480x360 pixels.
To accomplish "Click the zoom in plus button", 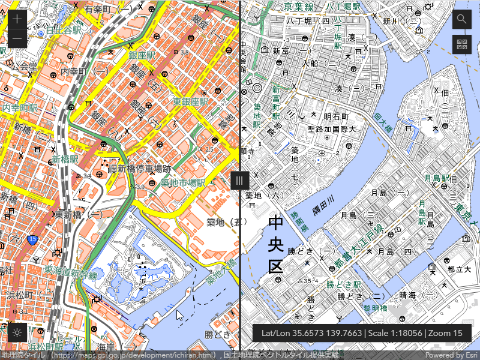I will click(x=17, y=19).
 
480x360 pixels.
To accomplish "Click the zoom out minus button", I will click(x=17, y=38).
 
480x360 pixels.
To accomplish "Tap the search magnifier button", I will click(x=461, y=19).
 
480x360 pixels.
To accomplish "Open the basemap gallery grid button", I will click(x=461, y=44).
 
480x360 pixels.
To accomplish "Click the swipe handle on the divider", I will click(x=239, y=181).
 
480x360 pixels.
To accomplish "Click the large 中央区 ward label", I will click(x=275, y=245).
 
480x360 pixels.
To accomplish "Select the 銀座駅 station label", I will click(x=142, y=55).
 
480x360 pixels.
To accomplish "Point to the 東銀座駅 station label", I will click(x=191, y=102).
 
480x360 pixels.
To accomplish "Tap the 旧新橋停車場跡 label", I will click(x=140, y=169).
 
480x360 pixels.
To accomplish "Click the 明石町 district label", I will click(x=336, y=116).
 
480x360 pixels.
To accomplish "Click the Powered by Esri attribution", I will click(x=452, y=355).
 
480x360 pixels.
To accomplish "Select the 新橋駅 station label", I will click(x=65, y=160).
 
